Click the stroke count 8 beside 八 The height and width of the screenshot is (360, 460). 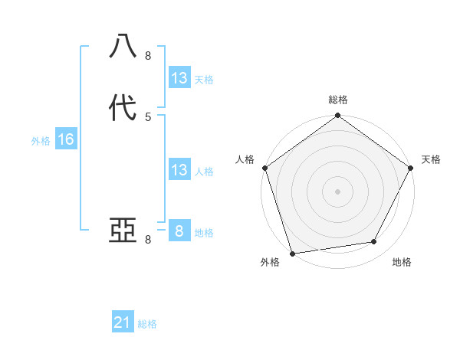tap(148, 55)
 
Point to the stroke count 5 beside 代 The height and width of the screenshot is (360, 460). tap(148, 116)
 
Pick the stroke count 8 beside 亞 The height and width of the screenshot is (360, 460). tap(148, 240)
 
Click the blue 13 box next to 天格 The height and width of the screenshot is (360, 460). tap(179, 78)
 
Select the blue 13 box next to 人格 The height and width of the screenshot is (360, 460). tap(179, 170)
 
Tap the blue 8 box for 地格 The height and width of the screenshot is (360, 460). tap(179, 231)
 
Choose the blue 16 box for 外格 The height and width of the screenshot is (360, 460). tap(66, 139)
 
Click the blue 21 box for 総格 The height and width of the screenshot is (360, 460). tap(123, 323)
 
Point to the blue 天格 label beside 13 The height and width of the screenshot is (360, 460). tap(204, 80)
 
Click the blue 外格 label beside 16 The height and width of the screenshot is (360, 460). tap(41, 141)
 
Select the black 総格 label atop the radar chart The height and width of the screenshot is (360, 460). tap(338, 100)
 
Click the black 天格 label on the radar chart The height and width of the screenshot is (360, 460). tap(431, 159)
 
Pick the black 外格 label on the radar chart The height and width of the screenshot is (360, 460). tap(270, 262)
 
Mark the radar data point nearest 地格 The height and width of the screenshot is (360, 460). tap(374, 242)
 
